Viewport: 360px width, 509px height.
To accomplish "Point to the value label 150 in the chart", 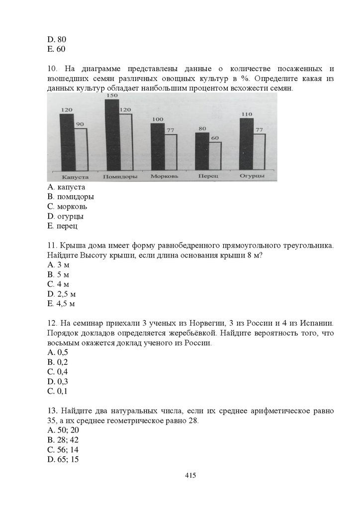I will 112,95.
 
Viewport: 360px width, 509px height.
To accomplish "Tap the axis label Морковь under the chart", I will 163,176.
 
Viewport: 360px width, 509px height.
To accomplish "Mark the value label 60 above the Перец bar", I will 215,138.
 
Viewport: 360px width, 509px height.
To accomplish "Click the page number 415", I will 190,475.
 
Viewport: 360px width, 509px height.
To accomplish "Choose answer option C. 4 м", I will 58,284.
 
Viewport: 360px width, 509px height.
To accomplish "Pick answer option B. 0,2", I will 58,362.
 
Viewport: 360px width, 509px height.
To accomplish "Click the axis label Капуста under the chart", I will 75,176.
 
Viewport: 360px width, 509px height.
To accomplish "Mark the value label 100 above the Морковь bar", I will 157,119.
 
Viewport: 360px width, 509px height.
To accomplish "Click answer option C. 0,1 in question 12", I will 58,391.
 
